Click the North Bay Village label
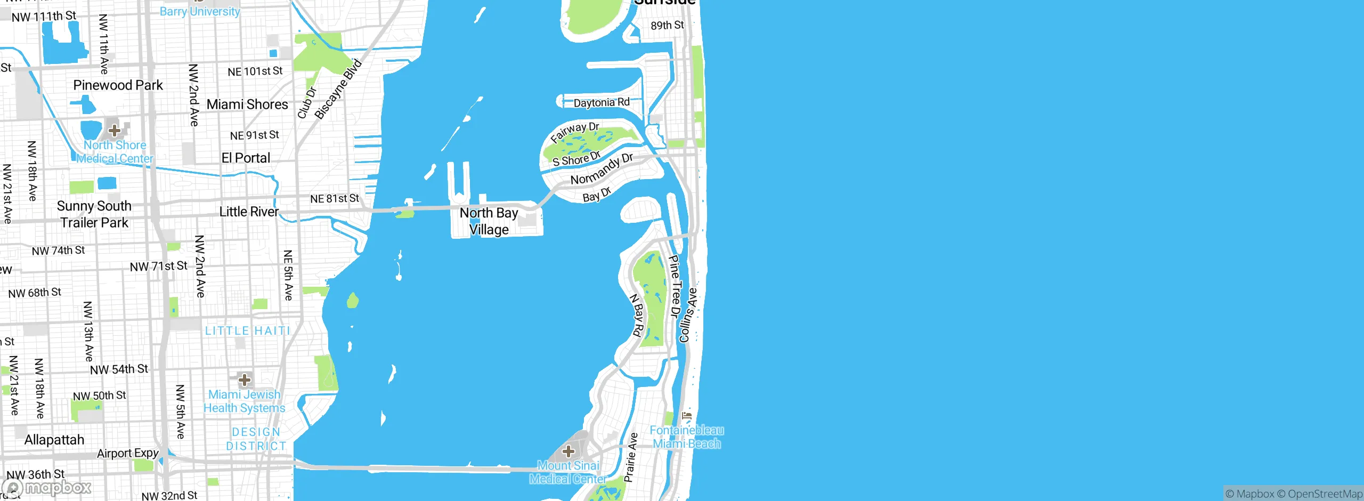pyautogui.click(x=489, y=221)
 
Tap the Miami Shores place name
pyautogui.click(x=247, y=104)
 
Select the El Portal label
pyautogui.click(x=246, y=158)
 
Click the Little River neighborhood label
pyautogui.click(x=249, y=212)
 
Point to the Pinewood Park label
pyautogui.click(x=118, y=85)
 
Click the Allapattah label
pyautogui.click(x=54, y=440)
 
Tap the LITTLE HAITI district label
pyautogui.click(x=247, y=331)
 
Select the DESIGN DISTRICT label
pyautogui.click(x=256, y=439)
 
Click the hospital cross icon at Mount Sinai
pyautogui.click(x=569, y=451)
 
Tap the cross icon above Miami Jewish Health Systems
pyautogui.click(x=245, y=379)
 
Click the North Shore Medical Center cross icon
pyautogui.click(x=114, y=130)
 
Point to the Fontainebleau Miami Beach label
pyautogui.click(x=686, y=437)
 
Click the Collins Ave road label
pyautogui.click(x=688, y=315)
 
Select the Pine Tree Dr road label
pyautogui.click(x=675, y=286)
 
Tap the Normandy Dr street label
pyautogui.click(x=602, y=169)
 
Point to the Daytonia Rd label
pyautogui.click(x=602, y=102)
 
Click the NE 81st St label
pyautogui.click(x=335, y=199)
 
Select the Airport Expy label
pyautogui.click(x=128, y=454)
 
